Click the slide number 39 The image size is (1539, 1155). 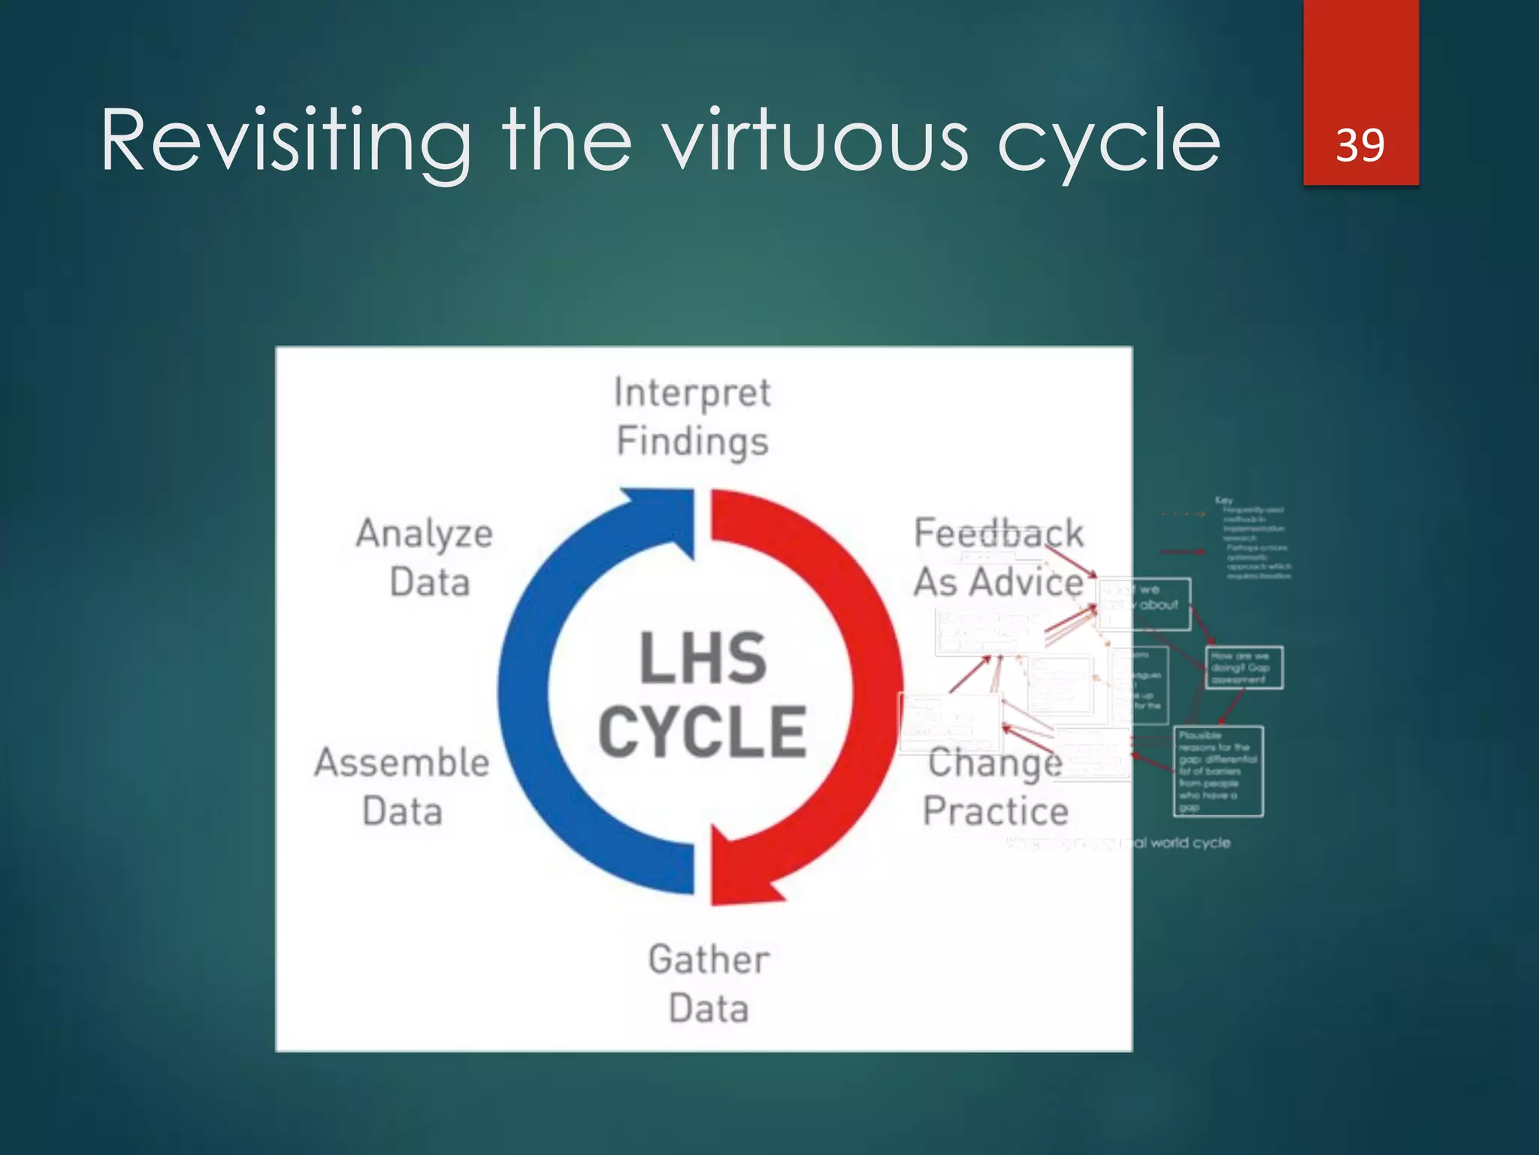[1360, 144]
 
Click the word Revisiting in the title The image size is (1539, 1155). [286, 141]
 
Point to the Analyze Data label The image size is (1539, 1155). [425, 557]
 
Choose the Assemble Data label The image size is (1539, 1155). [402, 786]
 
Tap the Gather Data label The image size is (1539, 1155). [709, 984]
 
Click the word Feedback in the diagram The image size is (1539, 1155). [998, 533]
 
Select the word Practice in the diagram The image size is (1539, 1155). [996, 811]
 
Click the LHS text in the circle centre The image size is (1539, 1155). [703, 659]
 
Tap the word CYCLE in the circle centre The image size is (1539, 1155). [703, 732]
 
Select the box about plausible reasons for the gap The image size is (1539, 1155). [1218, 771]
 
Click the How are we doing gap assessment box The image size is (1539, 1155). [1244, 668]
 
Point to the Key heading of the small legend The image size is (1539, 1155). [1223, 500]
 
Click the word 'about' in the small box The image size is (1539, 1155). [1159, 605]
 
